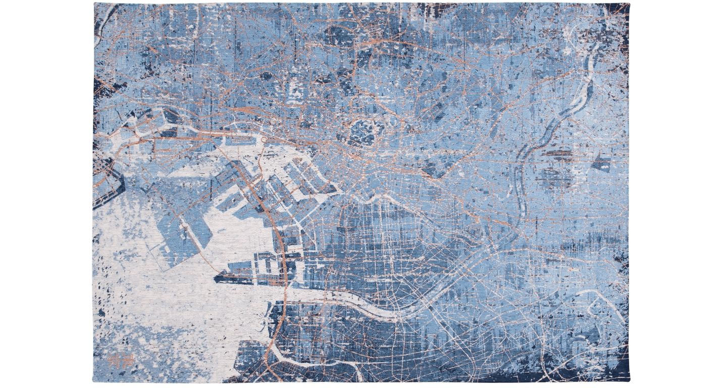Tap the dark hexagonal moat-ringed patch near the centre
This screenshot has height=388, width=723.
363,130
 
